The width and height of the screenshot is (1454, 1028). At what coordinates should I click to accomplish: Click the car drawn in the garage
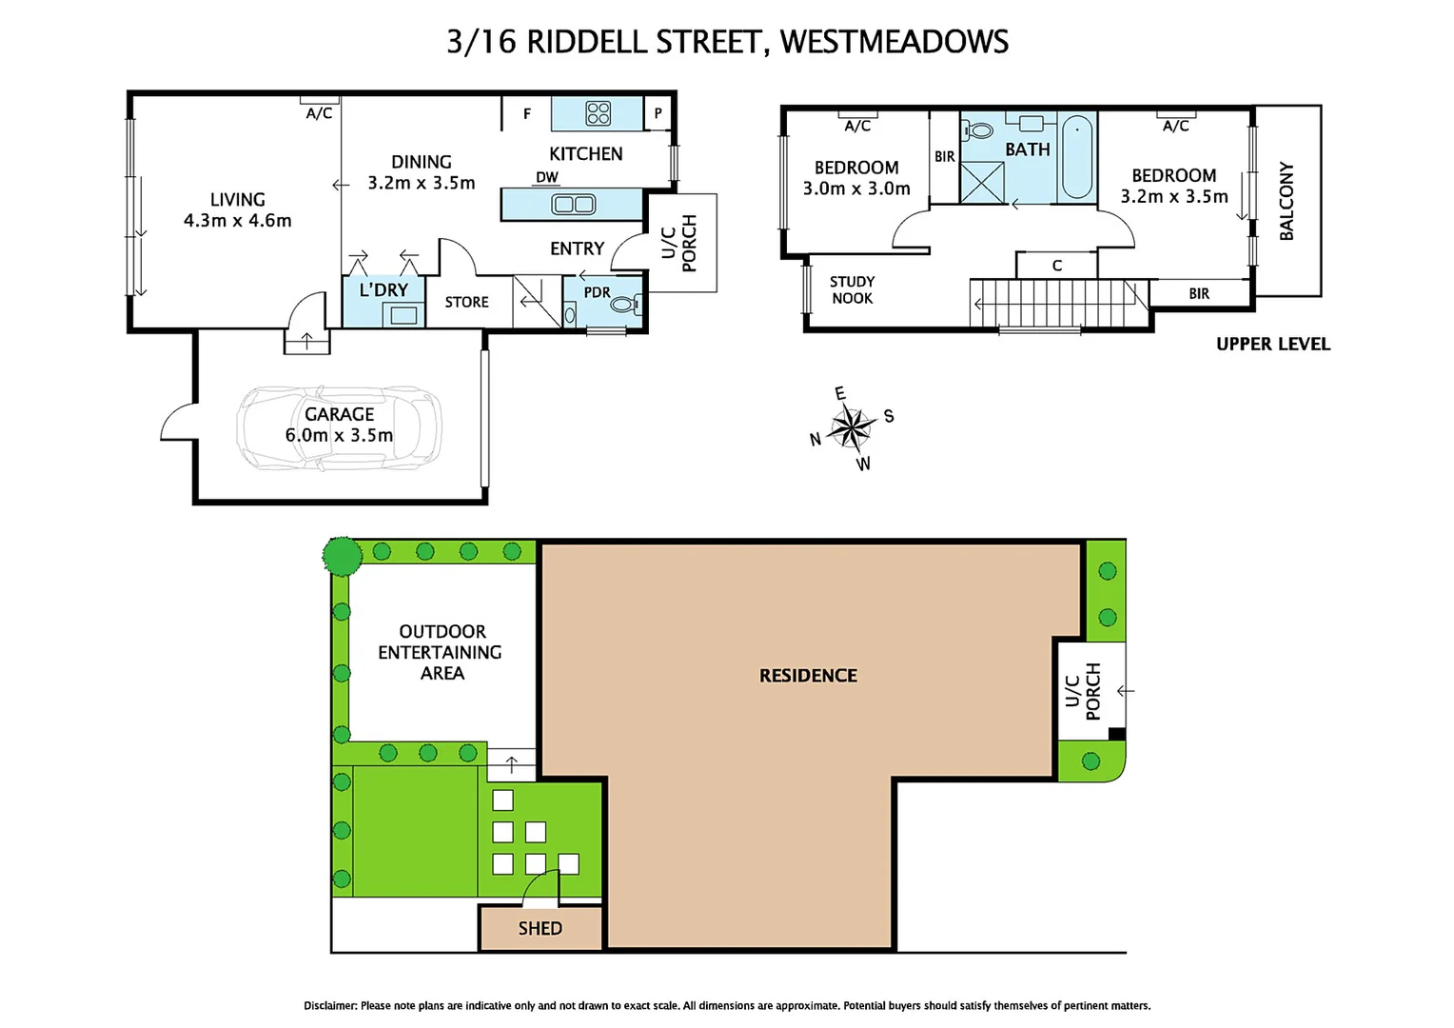(339, 427)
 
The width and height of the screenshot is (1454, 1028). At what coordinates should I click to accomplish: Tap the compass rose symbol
(852, 427)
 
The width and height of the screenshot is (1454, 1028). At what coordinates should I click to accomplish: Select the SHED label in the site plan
(540, 928)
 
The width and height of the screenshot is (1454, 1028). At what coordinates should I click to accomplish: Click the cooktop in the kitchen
(599, 114)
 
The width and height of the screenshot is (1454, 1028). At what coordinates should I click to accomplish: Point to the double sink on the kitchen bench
(574, 204)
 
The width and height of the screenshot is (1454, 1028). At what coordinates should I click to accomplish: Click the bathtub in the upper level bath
(1077, 157)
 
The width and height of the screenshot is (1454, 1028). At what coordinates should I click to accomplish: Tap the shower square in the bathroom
(982, 182)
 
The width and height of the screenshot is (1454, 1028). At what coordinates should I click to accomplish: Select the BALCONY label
(1287, 201)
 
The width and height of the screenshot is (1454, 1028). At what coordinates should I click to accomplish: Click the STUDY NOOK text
(852, 289)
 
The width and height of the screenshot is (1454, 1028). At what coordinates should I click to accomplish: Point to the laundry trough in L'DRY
(403, 315)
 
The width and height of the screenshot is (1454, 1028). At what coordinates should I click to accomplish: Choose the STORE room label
(466, 302)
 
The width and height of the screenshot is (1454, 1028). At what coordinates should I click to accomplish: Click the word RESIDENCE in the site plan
(808, 676)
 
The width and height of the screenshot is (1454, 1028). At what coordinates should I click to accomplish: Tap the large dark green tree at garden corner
(342, 555)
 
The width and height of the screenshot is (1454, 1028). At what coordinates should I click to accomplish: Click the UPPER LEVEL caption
(1272, 345)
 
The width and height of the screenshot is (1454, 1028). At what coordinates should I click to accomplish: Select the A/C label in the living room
(319, 113)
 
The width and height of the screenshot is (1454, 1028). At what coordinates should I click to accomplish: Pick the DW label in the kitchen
(547, 177)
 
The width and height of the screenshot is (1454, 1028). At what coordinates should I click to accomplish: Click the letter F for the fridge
(527, 114)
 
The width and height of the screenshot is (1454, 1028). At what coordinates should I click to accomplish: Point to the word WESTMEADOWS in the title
(894, 42)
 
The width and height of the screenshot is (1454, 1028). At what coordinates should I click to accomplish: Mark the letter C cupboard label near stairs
(1056, 266)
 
